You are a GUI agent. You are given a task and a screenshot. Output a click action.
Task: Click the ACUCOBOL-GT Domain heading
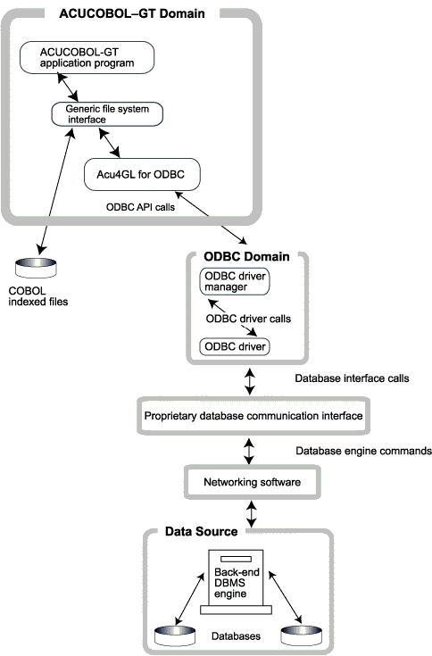[x=131, y=13]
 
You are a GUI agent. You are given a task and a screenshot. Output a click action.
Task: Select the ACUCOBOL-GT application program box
[x=87, y=58]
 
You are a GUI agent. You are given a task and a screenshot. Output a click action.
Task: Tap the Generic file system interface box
[x=106, y=113]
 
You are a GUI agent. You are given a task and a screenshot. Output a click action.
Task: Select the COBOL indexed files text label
[x=39, y=296]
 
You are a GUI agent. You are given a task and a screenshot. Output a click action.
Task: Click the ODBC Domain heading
[x=247, y=257]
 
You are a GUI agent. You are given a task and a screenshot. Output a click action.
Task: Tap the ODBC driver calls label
[x=248, y=319]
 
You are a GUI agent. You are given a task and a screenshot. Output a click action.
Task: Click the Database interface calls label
[x=352, y=378]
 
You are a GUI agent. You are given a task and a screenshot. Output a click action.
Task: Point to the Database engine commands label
[x=362, y=452]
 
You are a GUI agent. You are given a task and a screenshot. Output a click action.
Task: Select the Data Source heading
[x=201, y=532]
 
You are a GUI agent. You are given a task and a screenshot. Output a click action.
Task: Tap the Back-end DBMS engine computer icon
[x=237, y=584]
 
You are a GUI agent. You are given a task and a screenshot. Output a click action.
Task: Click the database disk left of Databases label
[x=173, y=635]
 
